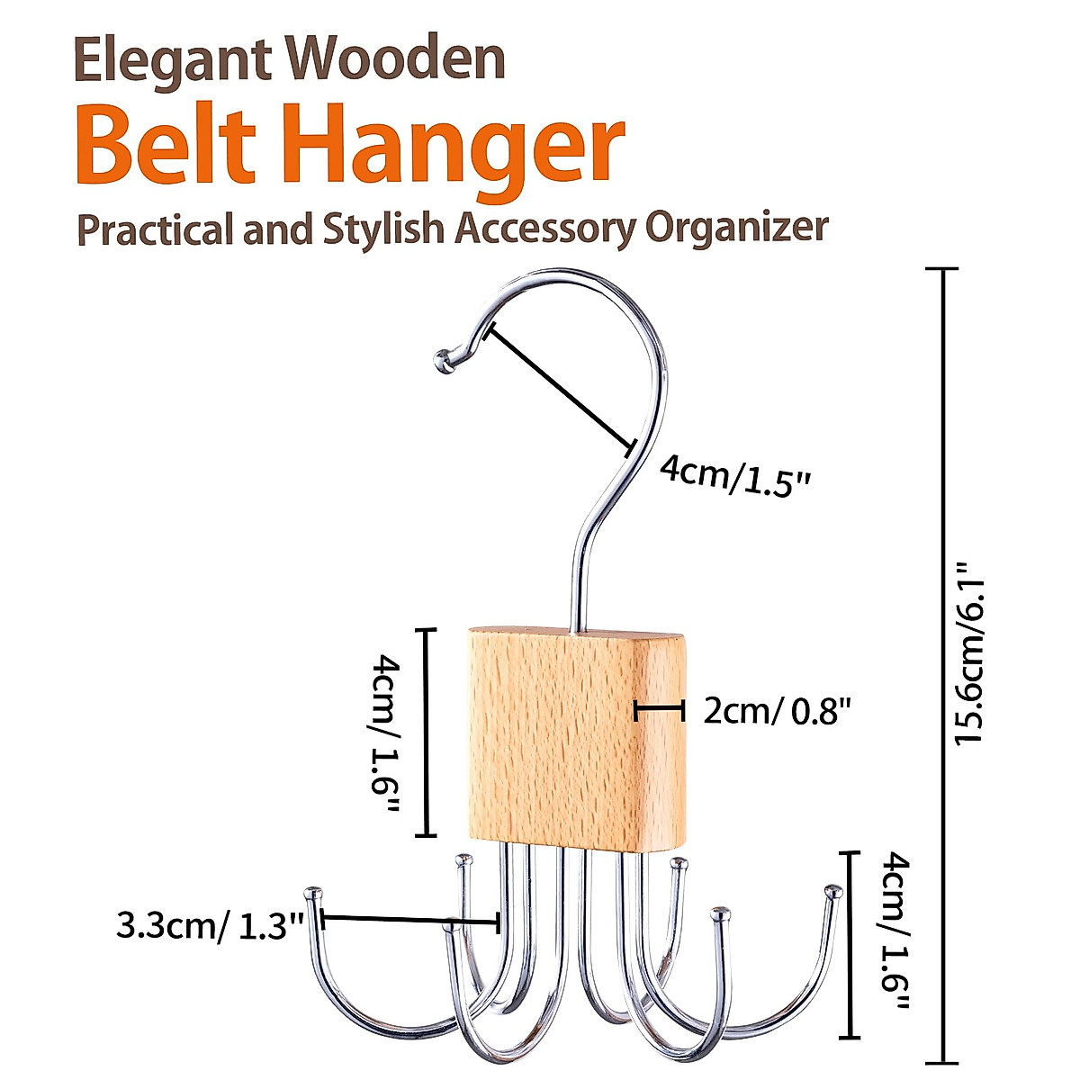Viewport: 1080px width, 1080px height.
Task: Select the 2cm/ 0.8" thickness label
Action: point(777,712)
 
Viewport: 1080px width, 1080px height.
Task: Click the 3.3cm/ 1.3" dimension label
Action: point(209,925)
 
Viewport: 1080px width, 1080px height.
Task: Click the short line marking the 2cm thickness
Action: point(660,710)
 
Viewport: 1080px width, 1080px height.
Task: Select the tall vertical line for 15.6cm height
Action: point(942,666)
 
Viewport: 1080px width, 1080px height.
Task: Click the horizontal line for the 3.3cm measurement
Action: point(409,920)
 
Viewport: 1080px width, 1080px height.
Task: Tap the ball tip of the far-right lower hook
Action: point(833,893)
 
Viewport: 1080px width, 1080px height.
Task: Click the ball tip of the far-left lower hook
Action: point(313,894)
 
